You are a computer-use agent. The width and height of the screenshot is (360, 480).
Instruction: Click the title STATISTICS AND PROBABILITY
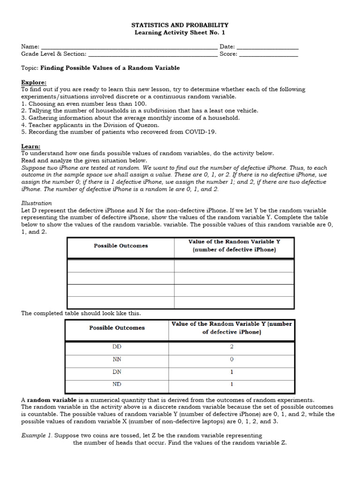point(180,25)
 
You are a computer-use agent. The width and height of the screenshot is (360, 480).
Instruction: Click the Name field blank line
point(129,47)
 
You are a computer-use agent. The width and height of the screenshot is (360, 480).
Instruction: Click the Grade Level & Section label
point(53,54)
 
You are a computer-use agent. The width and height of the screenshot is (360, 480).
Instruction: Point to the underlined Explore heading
point(34,82)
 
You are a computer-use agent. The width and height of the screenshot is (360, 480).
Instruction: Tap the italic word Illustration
point(37,203)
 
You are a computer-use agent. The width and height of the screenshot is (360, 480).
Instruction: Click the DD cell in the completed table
point(117,347)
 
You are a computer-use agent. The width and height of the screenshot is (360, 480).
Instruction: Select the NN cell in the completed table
point(117,360)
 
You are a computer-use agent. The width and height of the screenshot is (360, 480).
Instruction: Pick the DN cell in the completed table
point(117,372)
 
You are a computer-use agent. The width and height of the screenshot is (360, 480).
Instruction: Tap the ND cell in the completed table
point(117,385)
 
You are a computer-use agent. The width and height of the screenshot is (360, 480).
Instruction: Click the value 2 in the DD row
point(232,347)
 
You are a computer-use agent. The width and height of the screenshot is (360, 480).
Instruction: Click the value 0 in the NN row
point(232,360)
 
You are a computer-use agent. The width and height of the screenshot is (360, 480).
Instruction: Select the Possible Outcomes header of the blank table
point(120,246)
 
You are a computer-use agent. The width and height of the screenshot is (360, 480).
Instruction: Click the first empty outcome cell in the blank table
point(120,266)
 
